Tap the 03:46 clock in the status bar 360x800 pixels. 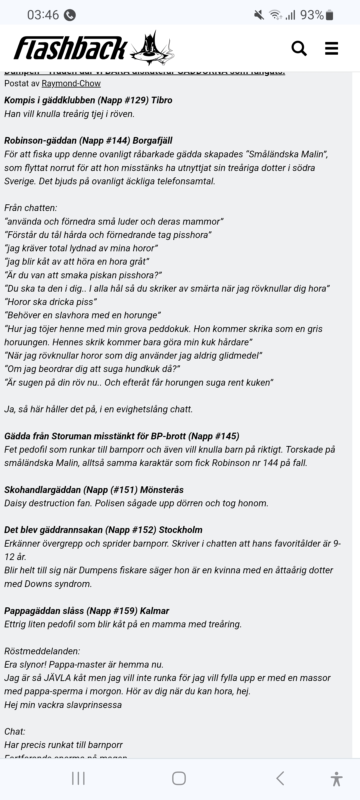pos(43,15)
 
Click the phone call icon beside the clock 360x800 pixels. pos(70,15)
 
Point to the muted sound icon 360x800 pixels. pos(259,15)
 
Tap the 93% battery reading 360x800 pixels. pos(312,15)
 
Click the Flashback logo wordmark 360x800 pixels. pos(70,49)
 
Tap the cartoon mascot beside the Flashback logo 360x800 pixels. pos(152,49)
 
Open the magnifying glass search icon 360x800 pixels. pos(299,49)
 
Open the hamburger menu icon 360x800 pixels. pos(331,49)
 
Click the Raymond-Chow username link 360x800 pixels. pos(71,83)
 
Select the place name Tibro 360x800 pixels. pos(162,100)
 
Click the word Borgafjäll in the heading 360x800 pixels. pos(152,140)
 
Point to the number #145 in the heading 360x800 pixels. pos(225,436)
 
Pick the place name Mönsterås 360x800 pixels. pos(162,490)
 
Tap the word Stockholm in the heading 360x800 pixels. pos(181,530)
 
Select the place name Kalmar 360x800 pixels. pos(154,611)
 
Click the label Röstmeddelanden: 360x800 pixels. pos(42,651)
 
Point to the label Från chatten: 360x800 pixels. pos(31,208)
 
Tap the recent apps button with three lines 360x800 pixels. pos(78,779)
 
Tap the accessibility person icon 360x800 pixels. pos(336,779)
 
